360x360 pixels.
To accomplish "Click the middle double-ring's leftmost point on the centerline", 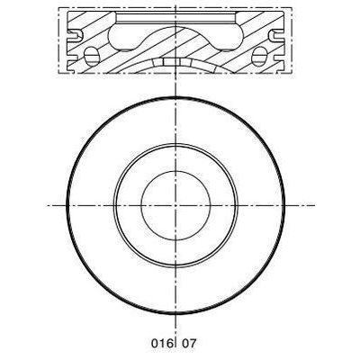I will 112,205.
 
